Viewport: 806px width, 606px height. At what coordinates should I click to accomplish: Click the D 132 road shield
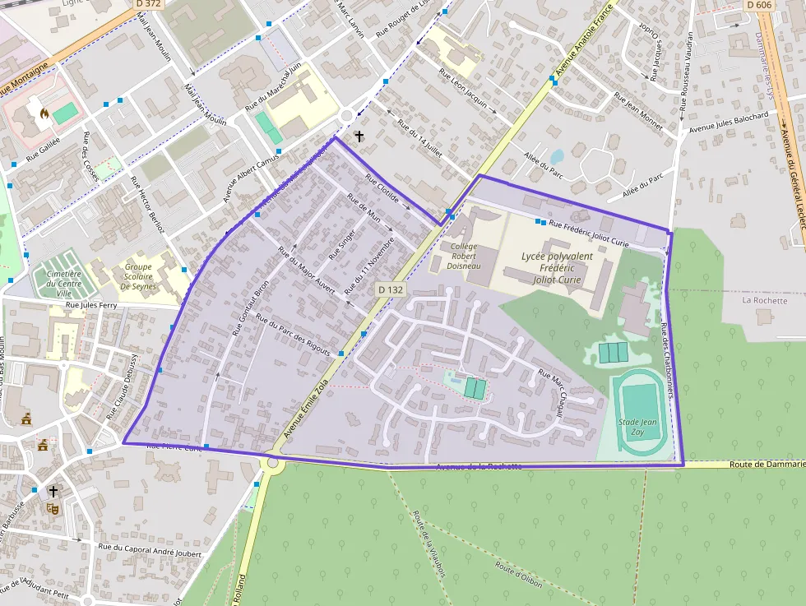[x=391, y=290]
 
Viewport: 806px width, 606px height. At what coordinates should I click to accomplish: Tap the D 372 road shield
[x=147, y=4]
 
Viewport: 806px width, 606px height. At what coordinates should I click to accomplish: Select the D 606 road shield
[x=760, y=4]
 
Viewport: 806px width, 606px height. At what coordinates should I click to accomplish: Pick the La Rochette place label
[x=764, y=300]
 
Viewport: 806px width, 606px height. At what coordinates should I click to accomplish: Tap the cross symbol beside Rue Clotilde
[x=359, y=136]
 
